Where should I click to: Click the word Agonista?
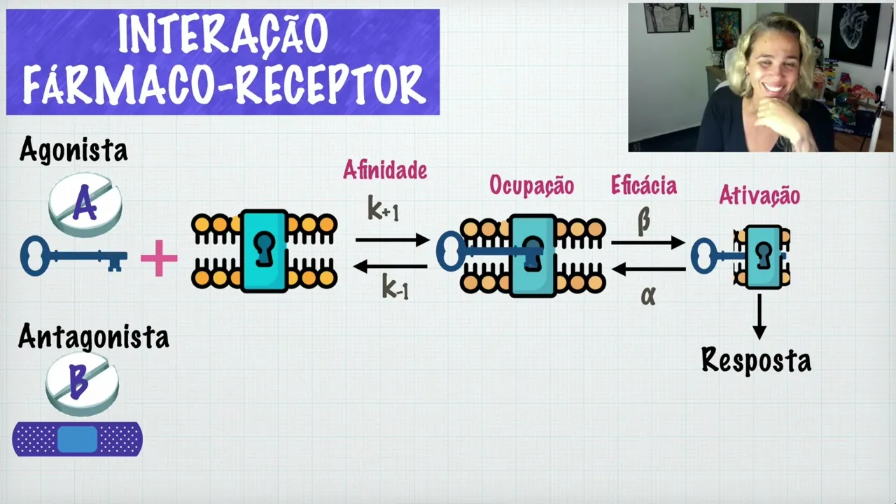73,150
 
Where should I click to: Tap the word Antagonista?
93,337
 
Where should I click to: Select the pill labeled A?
85,204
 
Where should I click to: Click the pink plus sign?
159,258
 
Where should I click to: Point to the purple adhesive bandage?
77,439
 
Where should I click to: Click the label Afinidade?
384,170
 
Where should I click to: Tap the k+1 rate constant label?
383,208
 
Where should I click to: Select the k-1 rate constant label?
395,287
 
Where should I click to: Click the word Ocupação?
531,185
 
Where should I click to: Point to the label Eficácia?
643,185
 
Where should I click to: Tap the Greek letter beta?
643,221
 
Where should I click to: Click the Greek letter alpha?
647,295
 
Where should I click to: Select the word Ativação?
759,196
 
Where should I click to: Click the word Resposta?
756,360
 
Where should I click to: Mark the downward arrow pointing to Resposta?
759,316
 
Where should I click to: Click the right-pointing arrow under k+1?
392,240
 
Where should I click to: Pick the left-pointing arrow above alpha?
648,269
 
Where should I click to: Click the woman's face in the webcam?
768,66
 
